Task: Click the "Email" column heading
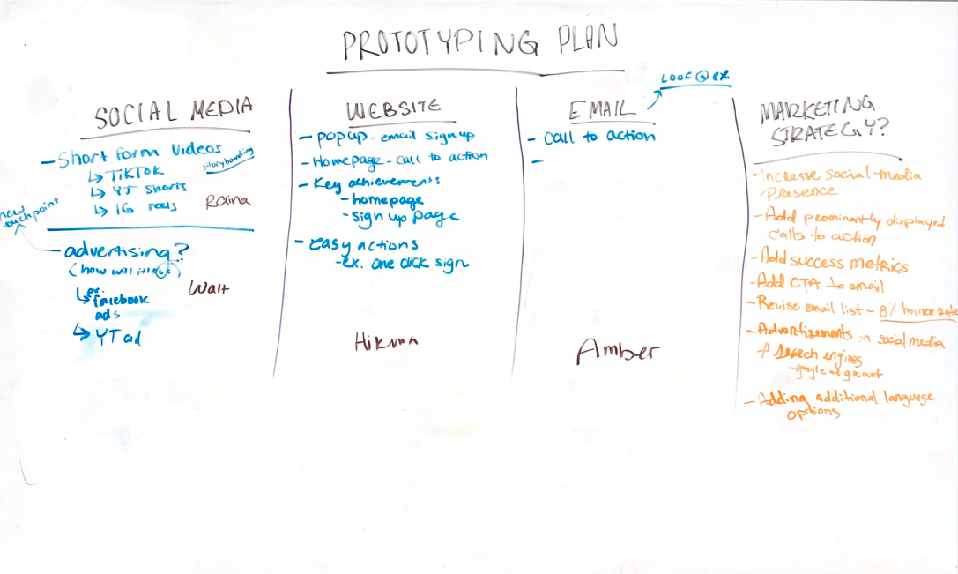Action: coord(603,109)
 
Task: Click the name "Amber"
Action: coord(619,351)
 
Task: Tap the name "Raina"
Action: coord(227,200)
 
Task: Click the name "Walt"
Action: coord(209,287)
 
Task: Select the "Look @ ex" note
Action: coord(696,77)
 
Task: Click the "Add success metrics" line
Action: coord(833,262)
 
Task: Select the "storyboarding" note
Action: coord(227,161)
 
